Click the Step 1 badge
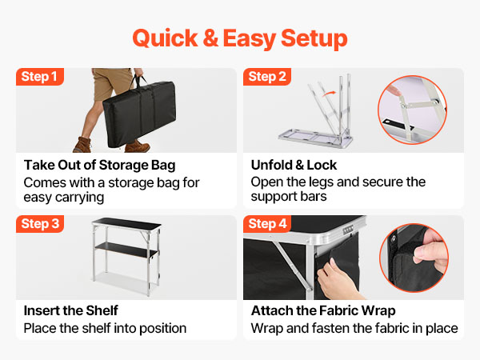[x=40, y=77]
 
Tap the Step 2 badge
[x=267, y=77]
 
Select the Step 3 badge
[x=40, y=224]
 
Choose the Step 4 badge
[x=267, y=224]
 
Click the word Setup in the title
[x=314, y=39]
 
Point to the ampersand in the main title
[x=210, y=38]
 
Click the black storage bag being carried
[x=139, y=114]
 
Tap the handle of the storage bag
[x=138, y=80]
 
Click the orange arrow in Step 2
[x=329, y=94]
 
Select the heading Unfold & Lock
[x=294, y=165]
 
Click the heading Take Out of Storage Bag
[x=100, y=166]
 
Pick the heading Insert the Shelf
[x=70, y=310]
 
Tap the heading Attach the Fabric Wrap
[x=323, y=311]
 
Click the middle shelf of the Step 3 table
[x=126, y=249]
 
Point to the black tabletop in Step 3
[x=126, y=224]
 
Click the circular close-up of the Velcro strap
[x=414, y=258]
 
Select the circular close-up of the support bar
[x=412, y=110]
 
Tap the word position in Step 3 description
[x=163, y=329]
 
